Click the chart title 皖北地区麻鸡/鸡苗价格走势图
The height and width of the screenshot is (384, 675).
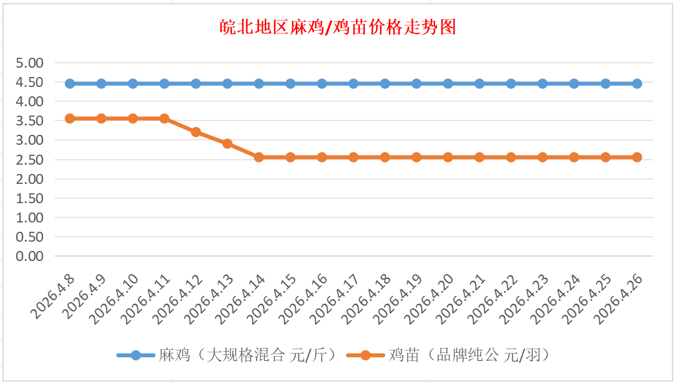[x=338, y=27]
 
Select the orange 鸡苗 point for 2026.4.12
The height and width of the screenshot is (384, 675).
[x=196, y=132]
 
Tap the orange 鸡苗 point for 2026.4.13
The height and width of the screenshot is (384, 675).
[x=227, y=144]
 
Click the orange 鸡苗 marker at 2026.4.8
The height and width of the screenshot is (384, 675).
[x=70, y=118]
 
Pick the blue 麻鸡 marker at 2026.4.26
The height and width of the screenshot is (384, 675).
[x=637, y=83]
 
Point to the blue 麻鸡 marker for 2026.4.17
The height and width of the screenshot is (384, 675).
[x=354, y=83]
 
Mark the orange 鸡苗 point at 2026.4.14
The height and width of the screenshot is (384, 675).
[x=259, y=157]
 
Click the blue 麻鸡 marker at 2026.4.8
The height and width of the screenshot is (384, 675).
[x=70, y=83]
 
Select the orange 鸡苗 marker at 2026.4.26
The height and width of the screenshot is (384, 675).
[x=637, y=157]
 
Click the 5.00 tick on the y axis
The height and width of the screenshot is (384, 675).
[x=30, y=63]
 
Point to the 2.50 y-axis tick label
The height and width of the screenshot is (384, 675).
[x=30, y=160]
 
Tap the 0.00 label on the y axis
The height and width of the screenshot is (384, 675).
[x=30, y=256]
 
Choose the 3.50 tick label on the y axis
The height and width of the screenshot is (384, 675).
[x=30, y=121]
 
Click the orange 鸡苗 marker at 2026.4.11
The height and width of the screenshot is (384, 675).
[x=164, y=118]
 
